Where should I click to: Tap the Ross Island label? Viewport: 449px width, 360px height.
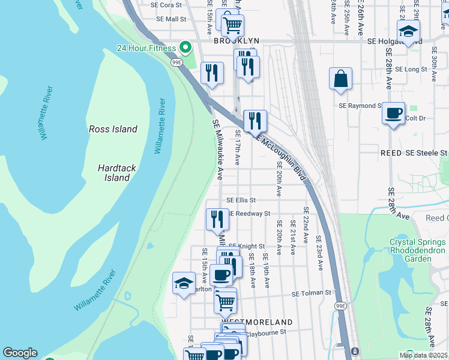[113, 129]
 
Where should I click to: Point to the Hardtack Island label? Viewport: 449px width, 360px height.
[113, 173]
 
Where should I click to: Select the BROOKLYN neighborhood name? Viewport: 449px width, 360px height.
[237, 41]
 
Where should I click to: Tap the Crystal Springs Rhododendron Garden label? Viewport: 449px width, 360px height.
[418, 250]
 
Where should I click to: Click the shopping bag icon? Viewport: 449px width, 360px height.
[340, 79]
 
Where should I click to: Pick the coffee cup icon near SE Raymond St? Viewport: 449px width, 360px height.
[393, 113]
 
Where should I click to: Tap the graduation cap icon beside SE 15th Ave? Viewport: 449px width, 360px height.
[184, 283]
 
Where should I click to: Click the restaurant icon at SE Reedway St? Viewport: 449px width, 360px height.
[217, 218]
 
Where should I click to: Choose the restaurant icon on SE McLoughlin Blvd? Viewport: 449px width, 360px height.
[255, 120]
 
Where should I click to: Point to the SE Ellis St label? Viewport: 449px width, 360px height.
[241, 200]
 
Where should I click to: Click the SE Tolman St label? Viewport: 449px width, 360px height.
[312, 293]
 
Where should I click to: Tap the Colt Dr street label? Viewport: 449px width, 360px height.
[415, 118]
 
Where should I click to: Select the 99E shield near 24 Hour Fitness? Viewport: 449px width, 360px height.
[176, 62]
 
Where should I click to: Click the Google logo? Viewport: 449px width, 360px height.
[20, 353]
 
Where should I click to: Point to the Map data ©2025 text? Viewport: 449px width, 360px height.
[423, 355]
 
